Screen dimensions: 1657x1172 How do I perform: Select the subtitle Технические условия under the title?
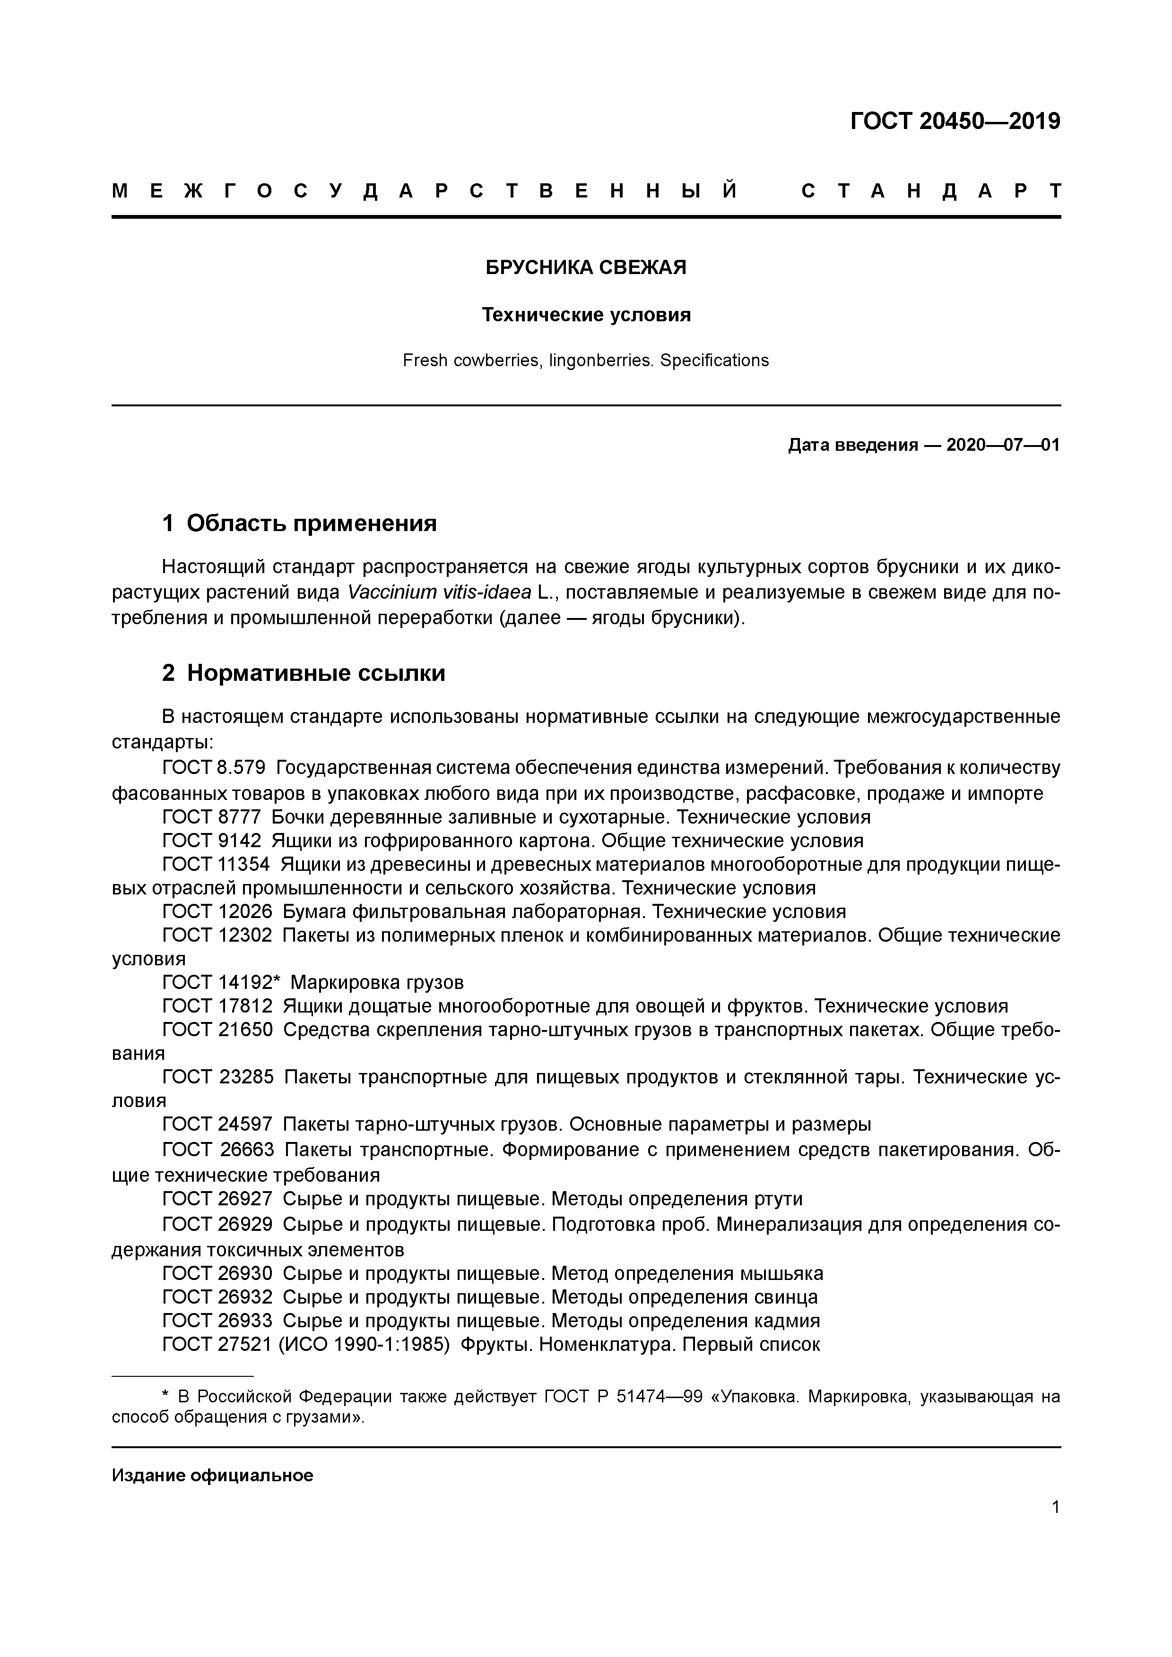tap(586, 315)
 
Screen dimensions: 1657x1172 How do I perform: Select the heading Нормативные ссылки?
tap(315, 673)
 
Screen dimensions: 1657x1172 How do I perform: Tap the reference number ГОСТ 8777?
tap(211, 817)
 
